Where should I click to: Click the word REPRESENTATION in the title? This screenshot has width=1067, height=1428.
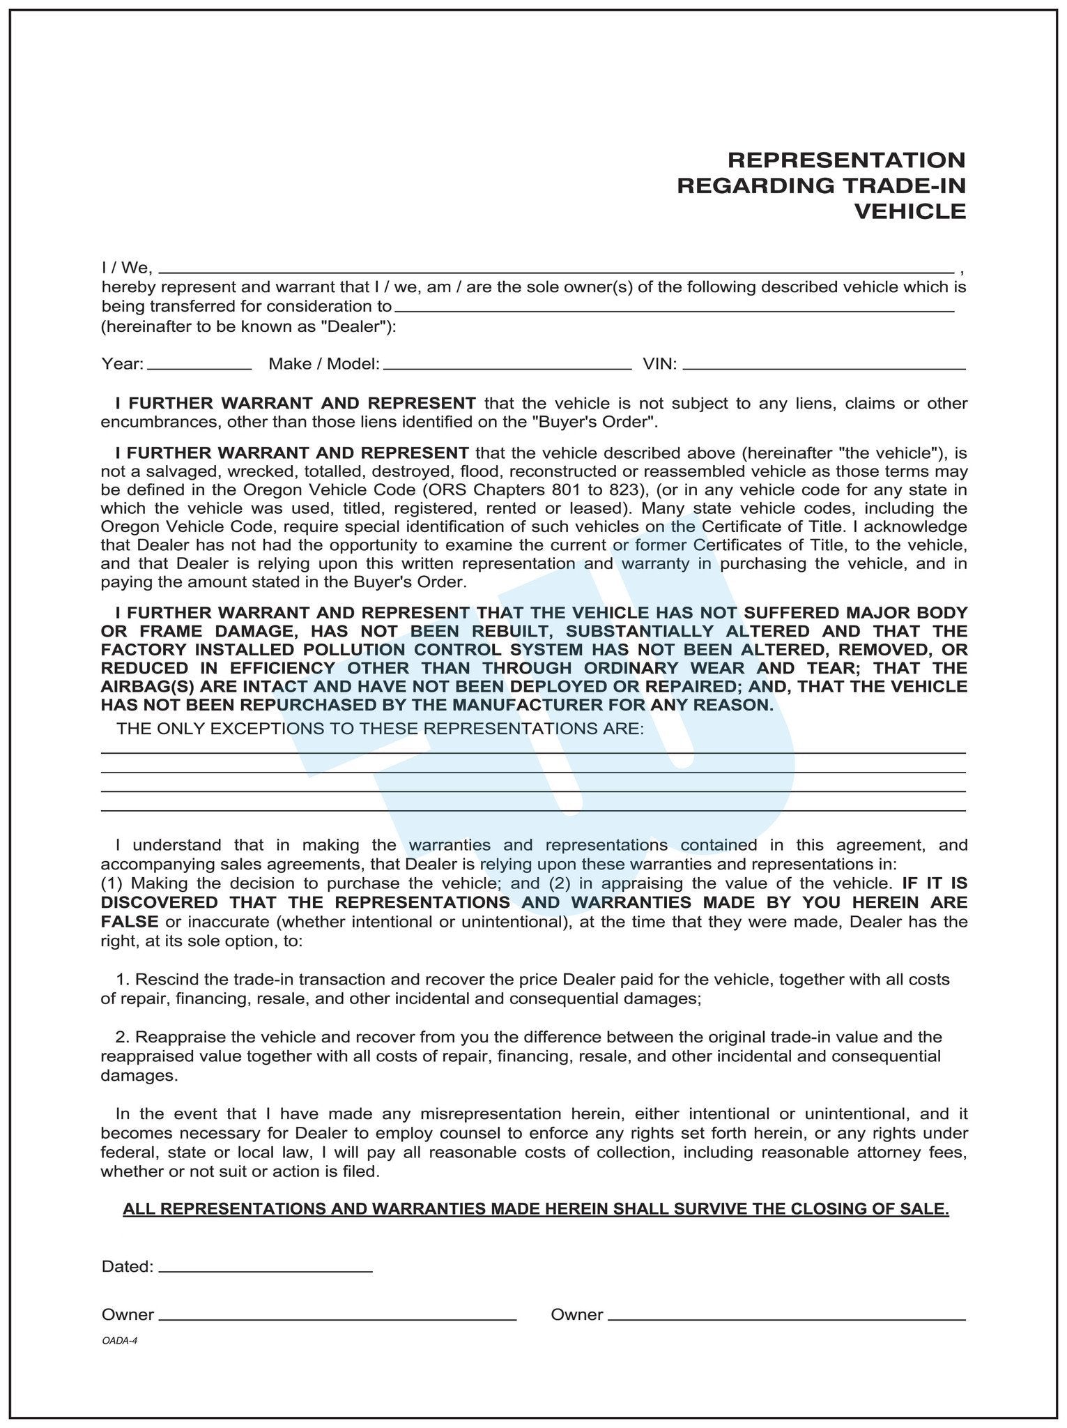[x=846, y=160]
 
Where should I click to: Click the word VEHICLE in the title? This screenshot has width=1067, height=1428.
[x=909, y=211]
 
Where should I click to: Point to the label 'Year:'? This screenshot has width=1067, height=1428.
[x=123, y=363]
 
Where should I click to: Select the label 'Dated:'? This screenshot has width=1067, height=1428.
[x=128, y=1266]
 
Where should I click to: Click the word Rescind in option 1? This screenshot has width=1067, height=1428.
[x=164, y=980]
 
